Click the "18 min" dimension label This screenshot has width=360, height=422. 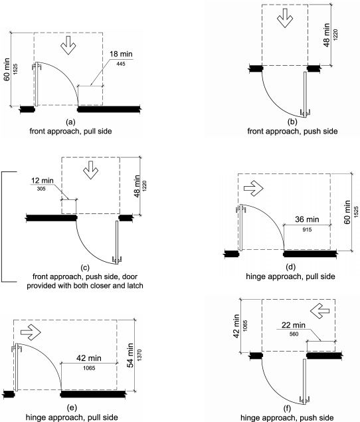[x=121, y=54]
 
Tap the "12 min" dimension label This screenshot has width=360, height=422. [x=43, y=180]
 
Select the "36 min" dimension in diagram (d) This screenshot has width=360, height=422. [x=307, y=219]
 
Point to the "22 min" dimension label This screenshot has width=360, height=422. [x=294, y=325]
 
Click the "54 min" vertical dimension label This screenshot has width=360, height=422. [x=130, y=356]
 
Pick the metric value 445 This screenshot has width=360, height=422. [x=121, y=64]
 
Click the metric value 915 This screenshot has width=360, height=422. [x=307, y=229]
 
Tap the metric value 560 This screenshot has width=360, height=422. [x=294, y=334]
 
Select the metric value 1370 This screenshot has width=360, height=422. [x=139, y=355]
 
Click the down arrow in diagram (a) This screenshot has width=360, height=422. [x=68, y=45]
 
